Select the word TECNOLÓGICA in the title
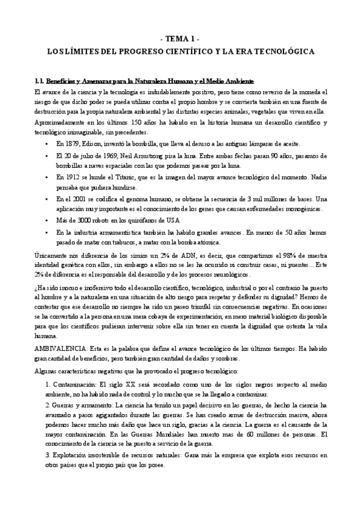279,53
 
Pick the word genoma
138,199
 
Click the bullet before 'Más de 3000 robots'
48,220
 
